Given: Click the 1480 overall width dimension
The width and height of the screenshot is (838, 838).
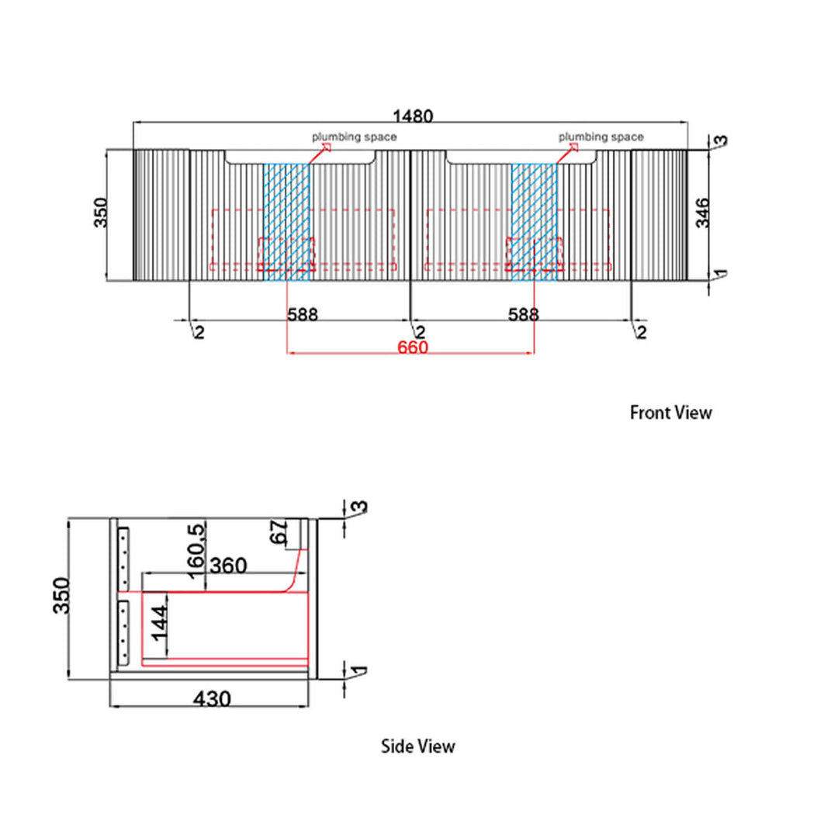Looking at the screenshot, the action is coord(413,116).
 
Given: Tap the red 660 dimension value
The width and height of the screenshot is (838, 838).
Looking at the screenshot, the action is coord(413,348).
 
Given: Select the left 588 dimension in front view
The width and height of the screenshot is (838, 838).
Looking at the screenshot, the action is coord(303,315).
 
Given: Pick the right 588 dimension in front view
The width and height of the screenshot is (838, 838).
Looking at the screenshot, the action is coord(523,315).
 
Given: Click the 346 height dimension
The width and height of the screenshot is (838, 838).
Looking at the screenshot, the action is coord(703,212).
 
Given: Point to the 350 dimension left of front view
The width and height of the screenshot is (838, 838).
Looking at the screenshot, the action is coord(100,212).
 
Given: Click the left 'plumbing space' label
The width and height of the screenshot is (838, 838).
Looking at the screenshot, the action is coord(355,137).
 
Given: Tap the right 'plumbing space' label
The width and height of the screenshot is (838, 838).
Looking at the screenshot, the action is coord(601,137).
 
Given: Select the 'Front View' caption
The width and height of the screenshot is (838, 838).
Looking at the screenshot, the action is coord(670,413).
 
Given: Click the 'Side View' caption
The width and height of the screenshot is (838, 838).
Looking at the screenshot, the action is coord(418,746).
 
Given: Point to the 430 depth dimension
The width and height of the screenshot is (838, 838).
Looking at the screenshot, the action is coord(212,698).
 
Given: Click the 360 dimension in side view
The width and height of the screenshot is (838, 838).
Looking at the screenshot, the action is coord(228,566).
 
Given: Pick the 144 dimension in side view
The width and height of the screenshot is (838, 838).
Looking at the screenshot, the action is coord(159,623).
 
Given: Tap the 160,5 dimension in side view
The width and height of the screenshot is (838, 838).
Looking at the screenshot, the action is coord(196,551).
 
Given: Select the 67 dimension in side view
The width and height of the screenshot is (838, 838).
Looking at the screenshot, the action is coord(279,532).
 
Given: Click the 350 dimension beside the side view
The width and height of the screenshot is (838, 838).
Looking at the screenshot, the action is coord(61,595).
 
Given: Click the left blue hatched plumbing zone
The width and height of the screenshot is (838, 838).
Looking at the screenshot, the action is coord(286,222).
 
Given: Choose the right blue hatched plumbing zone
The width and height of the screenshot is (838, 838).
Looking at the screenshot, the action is coord(534,222).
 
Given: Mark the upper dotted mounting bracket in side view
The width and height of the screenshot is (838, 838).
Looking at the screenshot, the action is coord(123,559).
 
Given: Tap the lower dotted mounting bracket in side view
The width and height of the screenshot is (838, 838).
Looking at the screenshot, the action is coord(123,633).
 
